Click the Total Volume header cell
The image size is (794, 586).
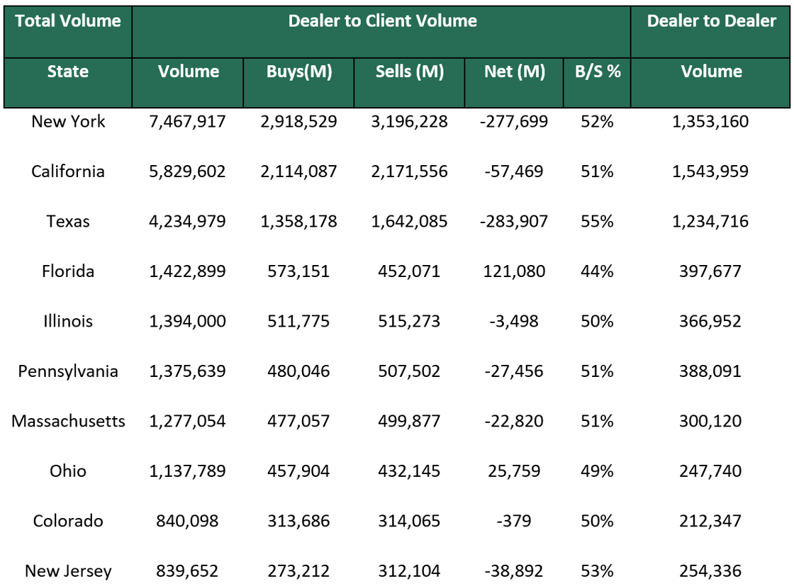click(x=68, y=21)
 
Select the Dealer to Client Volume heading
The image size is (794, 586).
click(x=382, y=21)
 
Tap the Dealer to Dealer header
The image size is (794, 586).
click(x=711, y=21)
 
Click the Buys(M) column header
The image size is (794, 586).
click(x=298, y=72)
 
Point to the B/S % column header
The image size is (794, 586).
click(x=597, y=72)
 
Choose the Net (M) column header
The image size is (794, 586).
click(x=514, y=72)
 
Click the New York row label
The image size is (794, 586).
click(x=68, y=121)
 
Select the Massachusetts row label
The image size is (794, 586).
click(x=68, y=421)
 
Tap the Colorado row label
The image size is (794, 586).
click(x=68, y=521)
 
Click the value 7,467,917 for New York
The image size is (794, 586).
click(x=188, y=121)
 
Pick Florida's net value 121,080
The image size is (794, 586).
click(x=514, y=271)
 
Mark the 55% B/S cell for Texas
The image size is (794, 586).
click(x=597, y=221)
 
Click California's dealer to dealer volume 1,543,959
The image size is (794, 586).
click(x=711, y=171)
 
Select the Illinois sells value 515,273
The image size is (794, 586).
click(x=409, y=321)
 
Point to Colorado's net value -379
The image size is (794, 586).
click(x=514, y=521)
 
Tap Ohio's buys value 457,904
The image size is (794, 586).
click(x=298, y=471)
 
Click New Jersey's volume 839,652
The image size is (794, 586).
click(x=188, y=571)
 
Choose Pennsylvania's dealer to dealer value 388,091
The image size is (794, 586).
click(x=711, y=371)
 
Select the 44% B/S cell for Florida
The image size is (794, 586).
click(x=597, y=271)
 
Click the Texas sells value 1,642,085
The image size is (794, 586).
click(x=409, y=221)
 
